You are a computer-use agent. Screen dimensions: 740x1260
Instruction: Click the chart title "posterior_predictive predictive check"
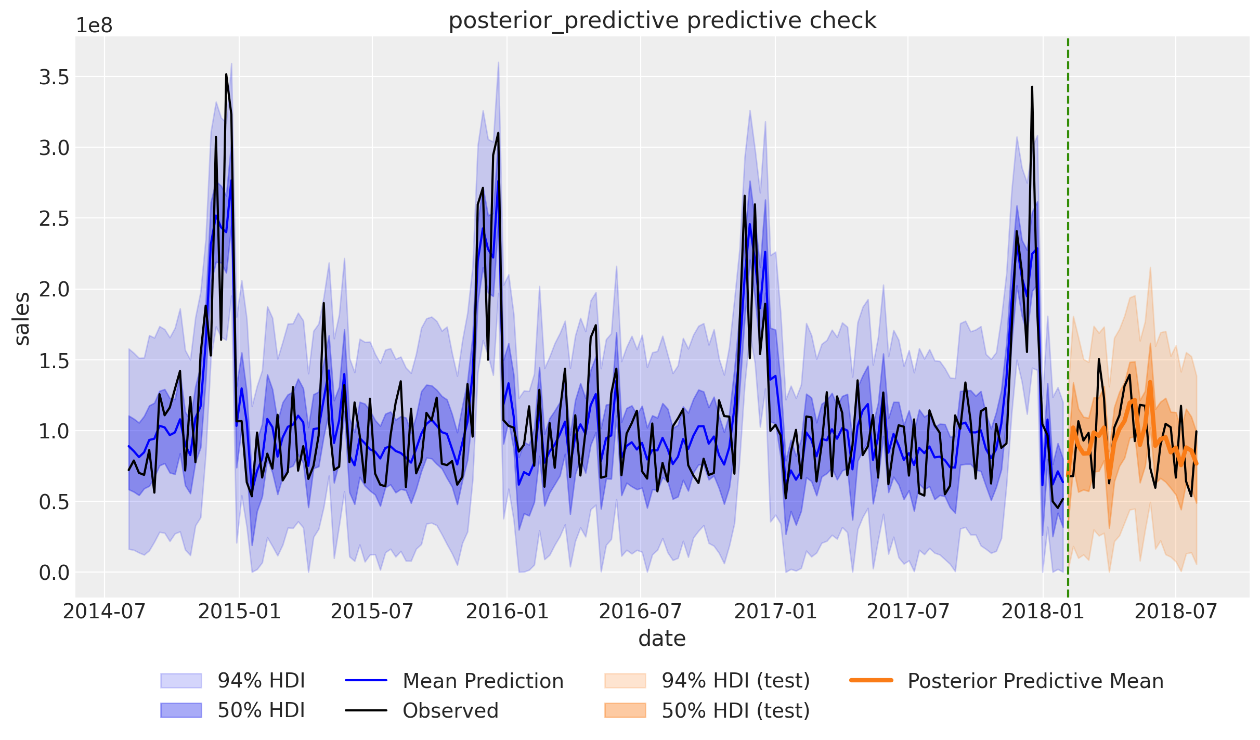coord(662,21)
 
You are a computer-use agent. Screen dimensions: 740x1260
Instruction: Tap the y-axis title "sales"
coord(22,318)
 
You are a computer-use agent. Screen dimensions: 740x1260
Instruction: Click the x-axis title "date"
coord(662,638)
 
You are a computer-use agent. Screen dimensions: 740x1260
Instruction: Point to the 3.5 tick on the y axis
coord(54,77)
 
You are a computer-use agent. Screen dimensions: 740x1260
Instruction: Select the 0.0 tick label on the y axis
coord(54,573)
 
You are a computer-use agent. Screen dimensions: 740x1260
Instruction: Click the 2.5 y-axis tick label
coord(54,219)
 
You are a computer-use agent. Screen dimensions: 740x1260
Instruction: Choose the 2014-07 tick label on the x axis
coord(105,612)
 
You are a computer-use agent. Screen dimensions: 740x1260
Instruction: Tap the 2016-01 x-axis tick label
coord(507,612)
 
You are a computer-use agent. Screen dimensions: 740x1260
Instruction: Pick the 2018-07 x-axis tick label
coord(1176,612)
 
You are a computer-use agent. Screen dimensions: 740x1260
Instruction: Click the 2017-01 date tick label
coord(775,612)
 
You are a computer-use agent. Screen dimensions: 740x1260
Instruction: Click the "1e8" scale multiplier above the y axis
coord(94,25)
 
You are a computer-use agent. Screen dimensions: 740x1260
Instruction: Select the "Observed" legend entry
coord(450,710)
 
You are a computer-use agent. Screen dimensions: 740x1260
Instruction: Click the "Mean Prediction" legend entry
coord(483,681)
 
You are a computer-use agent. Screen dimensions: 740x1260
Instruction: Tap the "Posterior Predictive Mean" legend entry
coord(1035,681)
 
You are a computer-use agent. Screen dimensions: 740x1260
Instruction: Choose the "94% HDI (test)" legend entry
coord(735,681)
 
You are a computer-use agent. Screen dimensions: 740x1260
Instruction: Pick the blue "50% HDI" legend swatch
coord(181,710)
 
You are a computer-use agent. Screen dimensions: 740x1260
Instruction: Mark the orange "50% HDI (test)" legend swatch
coord(625,710)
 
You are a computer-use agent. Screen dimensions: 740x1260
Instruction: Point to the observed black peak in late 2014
coord(226,75)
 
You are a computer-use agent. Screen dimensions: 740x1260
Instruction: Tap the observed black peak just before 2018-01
coord(1032,87)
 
